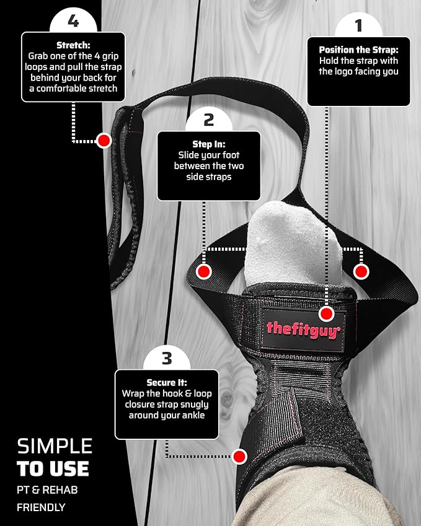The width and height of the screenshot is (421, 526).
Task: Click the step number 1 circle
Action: pyautogui.click(x=358, y=25)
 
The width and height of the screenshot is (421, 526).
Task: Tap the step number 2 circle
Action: pyautogui.click(x=209, y=120)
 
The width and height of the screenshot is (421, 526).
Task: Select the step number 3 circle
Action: pyautogui.click(x=167, y=358)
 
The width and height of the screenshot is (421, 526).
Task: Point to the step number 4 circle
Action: pyautogui.click(x=73, y=21)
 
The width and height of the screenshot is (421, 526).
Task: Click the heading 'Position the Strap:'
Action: pyautogui.click(x=358, y=50)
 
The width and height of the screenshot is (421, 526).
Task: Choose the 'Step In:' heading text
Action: pyautogui.click(x=209, y=144)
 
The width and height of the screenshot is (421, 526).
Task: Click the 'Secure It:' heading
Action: pyautogui.click(x=167, y=383)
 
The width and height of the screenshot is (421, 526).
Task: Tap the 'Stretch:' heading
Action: pyautogui.click(x=73, y=45)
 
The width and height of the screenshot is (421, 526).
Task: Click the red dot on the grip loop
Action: pyautogui.click(x=104, y=141)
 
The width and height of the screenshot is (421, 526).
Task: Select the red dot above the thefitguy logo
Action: pyautogui.click(x=326, y=314)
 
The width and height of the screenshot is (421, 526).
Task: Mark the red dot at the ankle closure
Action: pyautogui.click(x=239, y=457)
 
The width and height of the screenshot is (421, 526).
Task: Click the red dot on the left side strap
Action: pyautogui.click(x=204, y=271)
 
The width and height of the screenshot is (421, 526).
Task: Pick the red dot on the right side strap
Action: pyautogui.click(x=361, y=271)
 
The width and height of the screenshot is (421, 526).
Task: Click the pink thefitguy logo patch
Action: pyautogui.click(x=303, y=330)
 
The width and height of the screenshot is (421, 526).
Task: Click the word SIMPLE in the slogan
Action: pyautogui.click(x=55, y=446)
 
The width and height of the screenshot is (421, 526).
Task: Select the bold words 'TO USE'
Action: pyautogui.click(x=53, y=468)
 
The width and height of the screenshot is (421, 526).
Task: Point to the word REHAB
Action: pyautogui.click(x=60, y=490)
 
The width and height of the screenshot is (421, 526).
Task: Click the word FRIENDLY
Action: pyautogui.click(x=41, y=507)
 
